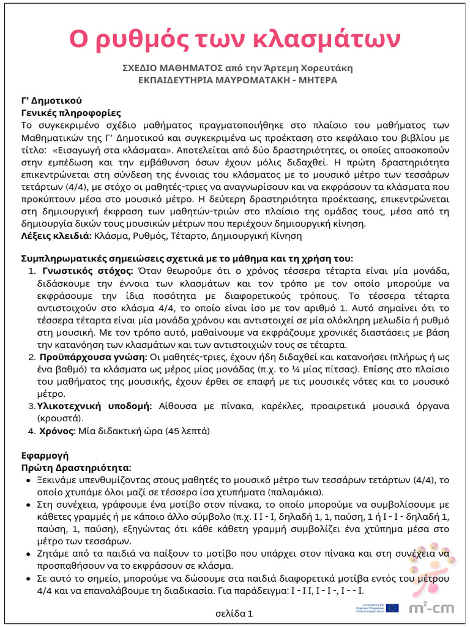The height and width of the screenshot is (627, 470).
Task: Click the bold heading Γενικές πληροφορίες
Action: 71,113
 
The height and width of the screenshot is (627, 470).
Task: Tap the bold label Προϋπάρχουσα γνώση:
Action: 93,358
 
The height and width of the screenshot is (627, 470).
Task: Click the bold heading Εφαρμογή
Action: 45,456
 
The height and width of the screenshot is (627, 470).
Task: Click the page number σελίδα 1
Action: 234,613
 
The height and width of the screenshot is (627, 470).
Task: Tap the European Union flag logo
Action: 392,608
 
